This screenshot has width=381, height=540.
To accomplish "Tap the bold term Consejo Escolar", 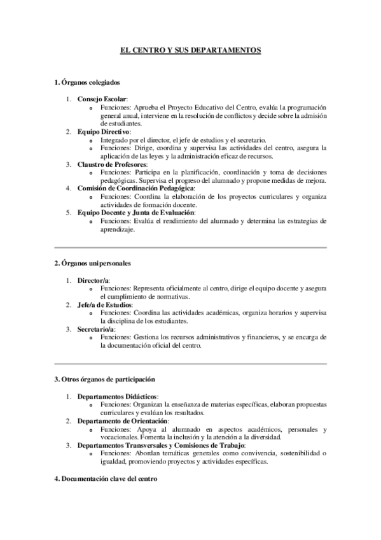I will pos(102,99).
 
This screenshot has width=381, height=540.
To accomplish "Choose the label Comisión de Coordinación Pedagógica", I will pos(135,188).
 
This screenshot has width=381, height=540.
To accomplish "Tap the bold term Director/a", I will pos(94,280).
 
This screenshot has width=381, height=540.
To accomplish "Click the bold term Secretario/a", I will pos(96,330).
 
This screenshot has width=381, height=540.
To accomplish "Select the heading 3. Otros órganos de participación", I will pos(105,379).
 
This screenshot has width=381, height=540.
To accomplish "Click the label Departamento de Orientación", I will pos(123,421).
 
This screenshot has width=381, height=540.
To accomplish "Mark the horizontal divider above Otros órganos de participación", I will pos(190,363).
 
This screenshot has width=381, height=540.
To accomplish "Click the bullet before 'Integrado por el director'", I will pos(94,140).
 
